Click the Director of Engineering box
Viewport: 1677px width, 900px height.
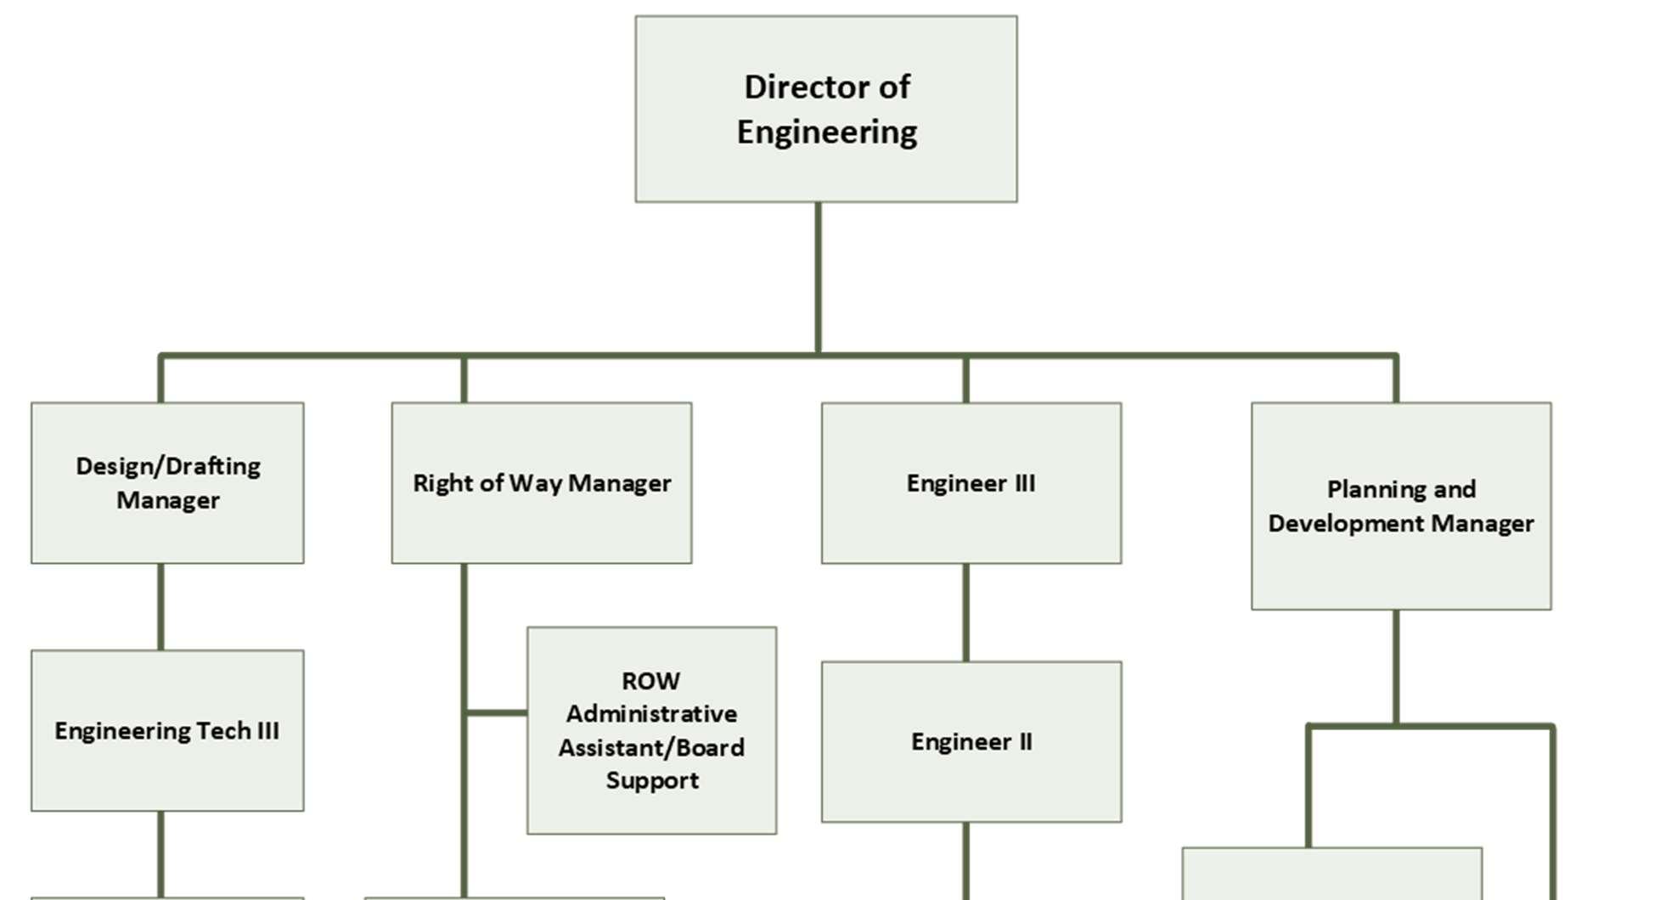pos(825,109)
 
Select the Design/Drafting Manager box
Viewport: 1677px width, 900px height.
pos(167,482)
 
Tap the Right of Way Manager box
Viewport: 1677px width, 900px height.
pos(541,482)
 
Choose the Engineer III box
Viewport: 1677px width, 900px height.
pos(971,482)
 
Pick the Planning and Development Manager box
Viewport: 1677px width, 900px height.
pos(1400,506)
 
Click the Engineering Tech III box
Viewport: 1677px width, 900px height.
pos(167,730)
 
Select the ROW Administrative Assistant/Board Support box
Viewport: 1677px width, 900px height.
pos(651,730)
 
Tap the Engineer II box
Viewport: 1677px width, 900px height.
pos(971,741)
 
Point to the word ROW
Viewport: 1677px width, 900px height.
pos(650,681)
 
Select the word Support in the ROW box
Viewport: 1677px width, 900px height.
pos(652,780)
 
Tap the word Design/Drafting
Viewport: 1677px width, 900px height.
pos(168,466)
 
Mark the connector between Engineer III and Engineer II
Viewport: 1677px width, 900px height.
pos(965,612)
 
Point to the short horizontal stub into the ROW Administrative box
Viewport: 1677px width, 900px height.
pos(497,712)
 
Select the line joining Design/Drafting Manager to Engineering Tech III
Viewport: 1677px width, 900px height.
pos(160,606)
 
